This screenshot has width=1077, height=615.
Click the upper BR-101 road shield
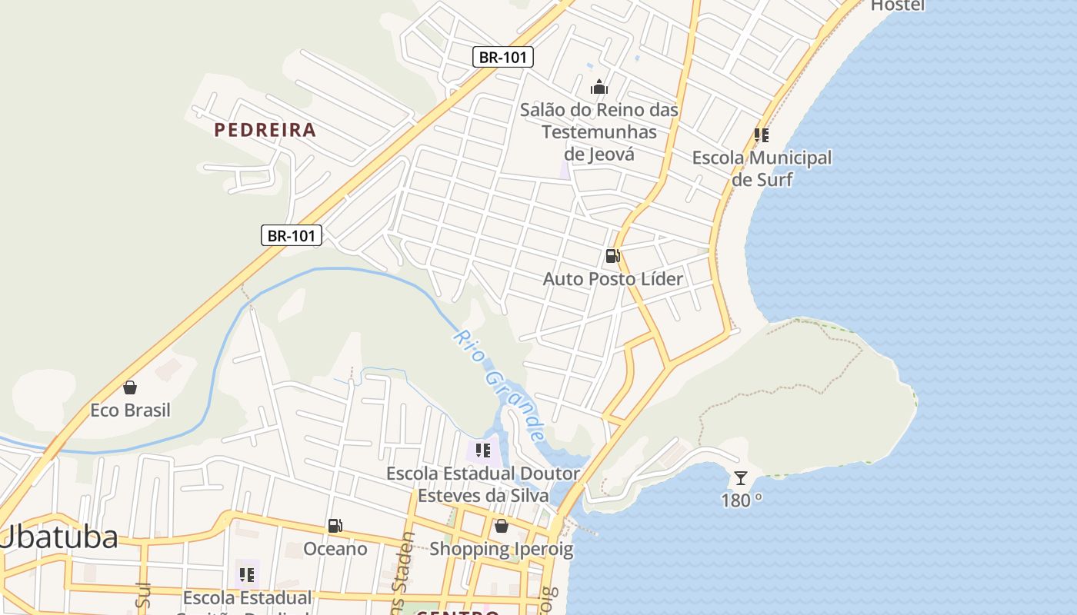point(502,56)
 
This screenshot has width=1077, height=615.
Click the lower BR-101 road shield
point(292,235)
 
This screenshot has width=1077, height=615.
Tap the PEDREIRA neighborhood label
point(265,130)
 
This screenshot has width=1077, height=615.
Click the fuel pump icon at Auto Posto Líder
point(612,256)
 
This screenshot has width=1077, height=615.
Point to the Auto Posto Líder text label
point(612,279)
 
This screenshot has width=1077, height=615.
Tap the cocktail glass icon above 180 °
point(740,478)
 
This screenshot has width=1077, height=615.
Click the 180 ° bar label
point(742,500)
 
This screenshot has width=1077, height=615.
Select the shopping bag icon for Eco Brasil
point(130,387)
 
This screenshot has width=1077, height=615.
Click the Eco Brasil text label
point(130,410)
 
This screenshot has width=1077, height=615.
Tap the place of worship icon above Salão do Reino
point(599,87)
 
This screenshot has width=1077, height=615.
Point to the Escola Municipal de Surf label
point(762,168)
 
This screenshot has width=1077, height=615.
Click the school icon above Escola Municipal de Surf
point(762,136)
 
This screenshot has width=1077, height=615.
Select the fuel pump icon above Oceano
point(335,527)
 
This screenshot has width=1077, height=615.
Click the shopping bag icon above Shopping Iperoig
point(502,527)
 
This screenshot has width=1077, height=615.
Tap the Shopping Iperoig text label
point(502,549)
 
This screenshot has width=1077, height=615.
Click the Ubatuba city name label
point(60,537)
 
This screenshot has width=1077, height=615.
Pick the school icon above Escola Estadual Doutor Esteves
point(483,450)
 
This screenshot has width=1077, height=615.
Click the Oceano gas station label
point(335,549)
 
